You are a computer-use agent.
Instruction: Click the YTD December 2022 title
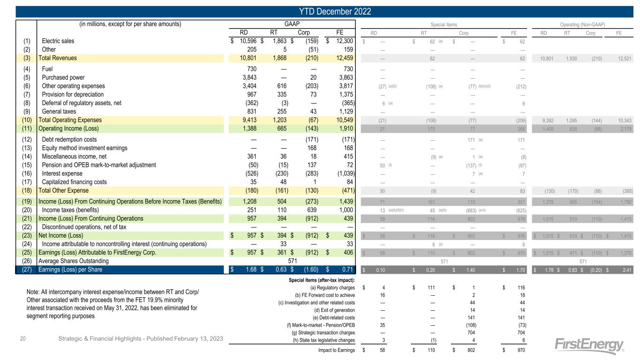(x=320, y=11)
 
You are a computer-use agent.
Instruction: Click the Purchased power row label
(x=63, y=78)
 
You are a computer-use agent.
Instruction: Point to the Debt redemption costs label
(x=69, y=139)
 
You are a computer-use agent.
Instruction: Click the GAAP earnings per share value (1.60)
(x=309, y=270)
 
